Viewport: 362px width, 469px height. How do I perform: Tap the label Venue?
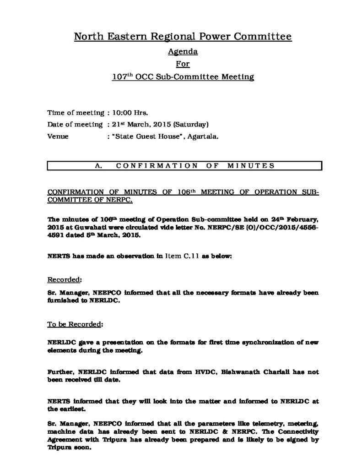(58, 136)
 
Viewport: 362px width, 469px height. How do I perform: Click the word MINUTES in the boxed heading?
(251, 166)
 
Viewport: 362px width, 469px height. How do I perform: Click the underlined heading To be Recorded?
(76, 324)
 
